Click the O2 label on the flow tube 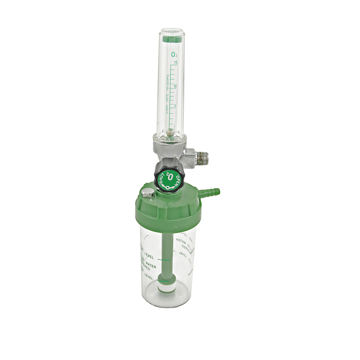(174, 54)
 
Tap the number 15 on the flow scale (176, 62)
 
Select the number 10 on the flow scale (176, 86)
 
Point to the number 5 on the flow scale (175, 106)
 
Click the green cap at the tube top (171, 39)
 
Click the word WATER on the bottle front (151, 264)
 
